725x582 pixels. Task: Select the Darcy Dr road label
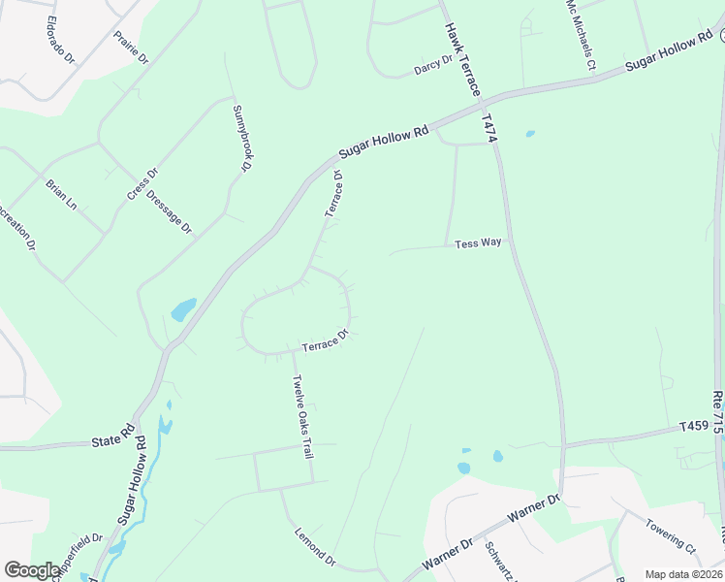point(433,64)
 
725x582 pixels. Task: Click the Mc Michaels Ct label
point(580,35)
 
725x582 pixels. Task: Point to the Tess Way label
point(479,242)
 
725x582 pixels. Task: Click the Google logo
point(31,570)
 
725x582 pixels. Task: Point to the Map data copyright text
point(683,574)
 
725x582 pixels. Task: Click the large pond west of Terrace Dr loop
point(182,310)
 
